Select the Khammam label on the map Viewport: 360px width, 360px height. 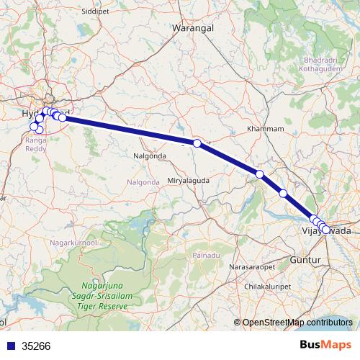click(x=261, y=128)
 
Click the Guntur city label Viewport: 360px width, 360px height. click(x=303, y=258)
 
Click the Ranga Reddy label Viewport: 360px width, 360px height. click(x=36, y=144)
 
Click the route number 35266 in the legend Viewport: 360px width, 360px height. click(x=36, y=346)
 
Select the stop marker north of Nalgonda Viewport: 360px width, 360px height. click(x=197, y=143)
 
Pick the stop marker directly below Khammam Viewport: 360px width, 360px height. click(x=259, y=174)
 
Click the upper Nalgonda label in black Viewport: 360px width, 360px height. click(x=150, y=156)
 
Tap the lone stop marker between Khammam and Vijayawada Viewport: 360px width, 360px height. click(x=283, y=193)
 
